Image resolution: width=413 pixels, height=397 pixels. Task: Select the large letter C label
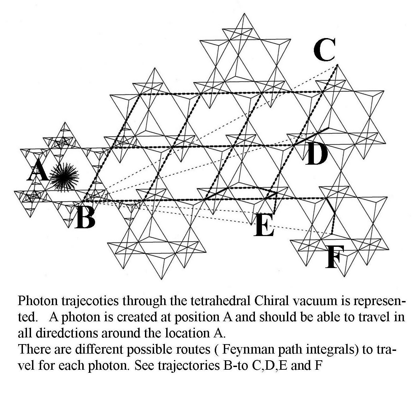pyautogui.click(x=324, y=50)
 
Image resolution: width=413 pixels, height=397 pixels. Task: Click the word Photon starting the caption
pyautogui.click(x=36, y=300)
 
